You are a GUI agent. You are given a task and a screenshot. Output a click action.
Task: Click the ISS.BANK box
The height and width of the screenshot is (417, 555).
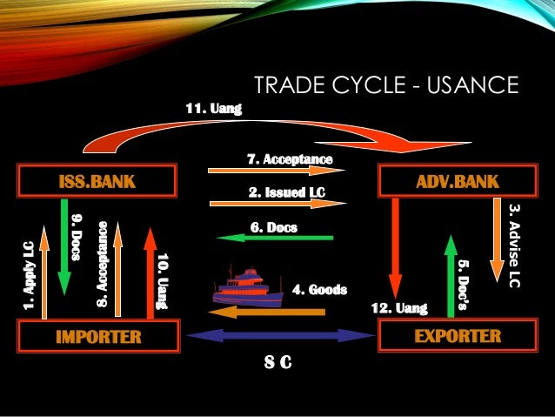(97, 182)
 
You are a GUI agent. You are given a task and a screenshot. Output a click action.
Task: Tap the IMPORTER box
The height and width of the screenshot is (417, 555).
(97, 336)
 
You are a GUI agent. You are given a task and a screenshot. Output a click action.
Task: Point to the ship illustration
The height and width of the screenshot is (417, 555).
(247, 286)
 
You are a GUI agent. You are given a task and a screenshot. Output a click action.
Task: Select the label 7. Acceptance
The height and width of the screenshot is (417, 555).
(290, 159)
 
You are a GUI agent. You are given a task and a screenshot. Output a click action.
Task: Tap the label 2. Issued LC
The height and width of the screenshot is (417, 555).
(287, 191)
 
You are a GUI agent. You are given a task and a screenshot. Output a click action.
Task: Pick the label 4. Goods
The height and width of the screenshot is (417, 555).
(319, 289)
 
